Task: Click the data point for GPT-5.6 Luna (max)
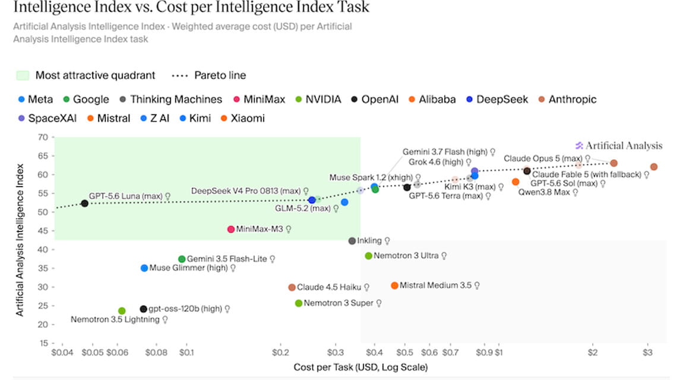pyautogui.click(x=84, y=204)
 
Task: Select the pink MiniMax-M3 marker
pyautogui.click(x=231, y=229)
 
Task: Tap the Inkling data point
pyautogui.click(x=352, y=241)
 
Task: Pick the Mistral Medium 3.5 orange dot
pyautogui.click(x=394, y=286)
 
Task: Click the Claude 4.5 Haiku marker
pyautogui.click(x=292, y=287)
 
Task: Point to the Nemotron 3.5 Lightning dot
pyautogui.click(x=122, y=311)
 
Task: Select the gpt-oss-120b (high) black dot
pyautogui.click(x=143, y=309)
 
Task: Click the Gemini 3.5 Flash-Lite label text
pyautogui.click(x=227, y=259)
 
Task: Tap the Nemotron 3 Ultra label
pyautogui.click(x=406, y=256)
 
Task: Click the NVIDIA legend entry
pyautogui.click(x=318, y=99)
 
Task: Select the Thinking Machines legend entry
pyautogui.click(x=170, y=99)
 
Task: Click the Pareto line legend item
pyautogui.click(x=209, y=75)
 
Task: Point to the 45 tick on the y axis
pyautogui.click(x=43, y=230)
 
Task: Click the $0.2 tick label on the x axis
pyautogui.click(x=280, y=352)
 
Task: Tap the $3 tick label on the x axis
pyautogui.click(x=647, y=352)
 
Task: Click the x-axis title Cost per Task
pyautogui.click(x=360, y=367)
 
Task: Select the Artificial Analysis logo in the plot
pyautogui.click(x=618, y=146)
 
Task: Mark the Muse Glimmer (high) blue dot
pyautogui.click(x=144, y=268)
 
